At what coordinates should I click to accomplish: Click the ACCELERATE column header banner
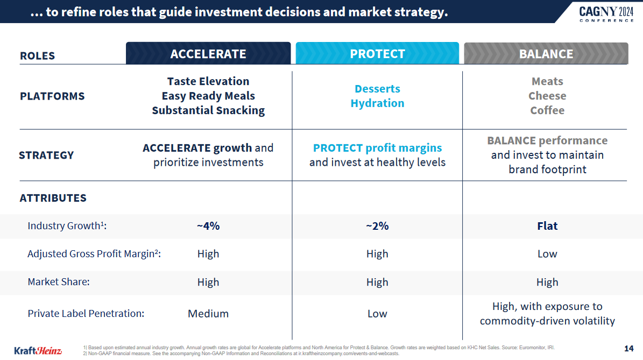pyautogui.click(x=208, y=54)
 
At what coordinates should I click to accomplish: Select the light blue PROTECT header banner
pyautogui.click(x=377, y=54)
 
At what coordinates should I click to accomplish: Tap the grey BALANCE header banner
pyautogui.click(x=546, y=54)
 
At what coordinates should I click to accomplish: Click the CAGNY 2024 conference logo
pyautogui.click(x=606, y=13)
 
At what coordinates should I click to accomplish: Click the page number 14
pyautogui.click(x=628, y=348)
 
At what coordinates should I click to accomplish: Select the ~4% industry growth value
pyautogui.click(x=208, y=226)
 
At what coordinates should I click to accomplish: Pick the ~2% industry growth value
pyautogui.click(x=377, y=226)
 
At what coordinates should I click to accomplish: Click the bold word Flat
pyautogui.click(x=547, y=226)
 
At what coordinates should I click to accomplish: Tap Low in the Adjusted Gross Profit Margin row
pyautogui.click(x=547, y=254)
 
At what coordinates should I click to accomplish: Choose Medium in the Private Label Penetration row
pyautogui.click(x=208, y=314)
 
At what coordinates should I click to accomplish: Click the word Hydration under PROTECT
pyautogui.click(x=377, y=103)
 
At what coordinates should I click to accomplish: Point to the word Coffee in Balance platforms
pyautogui.click(x=547, y=110)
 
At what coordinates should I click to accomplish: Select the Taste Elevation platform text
pyautogui.click(x=208, y=81)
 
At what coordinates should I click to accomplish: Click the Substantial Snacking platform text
pyautogui.click(x=208, y=110)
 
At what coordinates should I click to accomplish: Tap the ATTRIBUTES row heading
pyautogui.click(x=53, y=198)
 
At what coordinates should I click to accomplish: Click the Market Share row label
pyautogui.click(x=59, y=282)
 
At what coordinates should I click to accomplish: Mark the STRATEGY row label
pyautogui.click(x=46, y=155)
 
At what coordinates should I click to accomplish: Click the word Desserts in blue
pyautogui.click(x=377, y=89)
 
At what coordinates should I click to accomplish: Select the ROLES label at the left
pyautogui.click(x=37, y=56)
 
